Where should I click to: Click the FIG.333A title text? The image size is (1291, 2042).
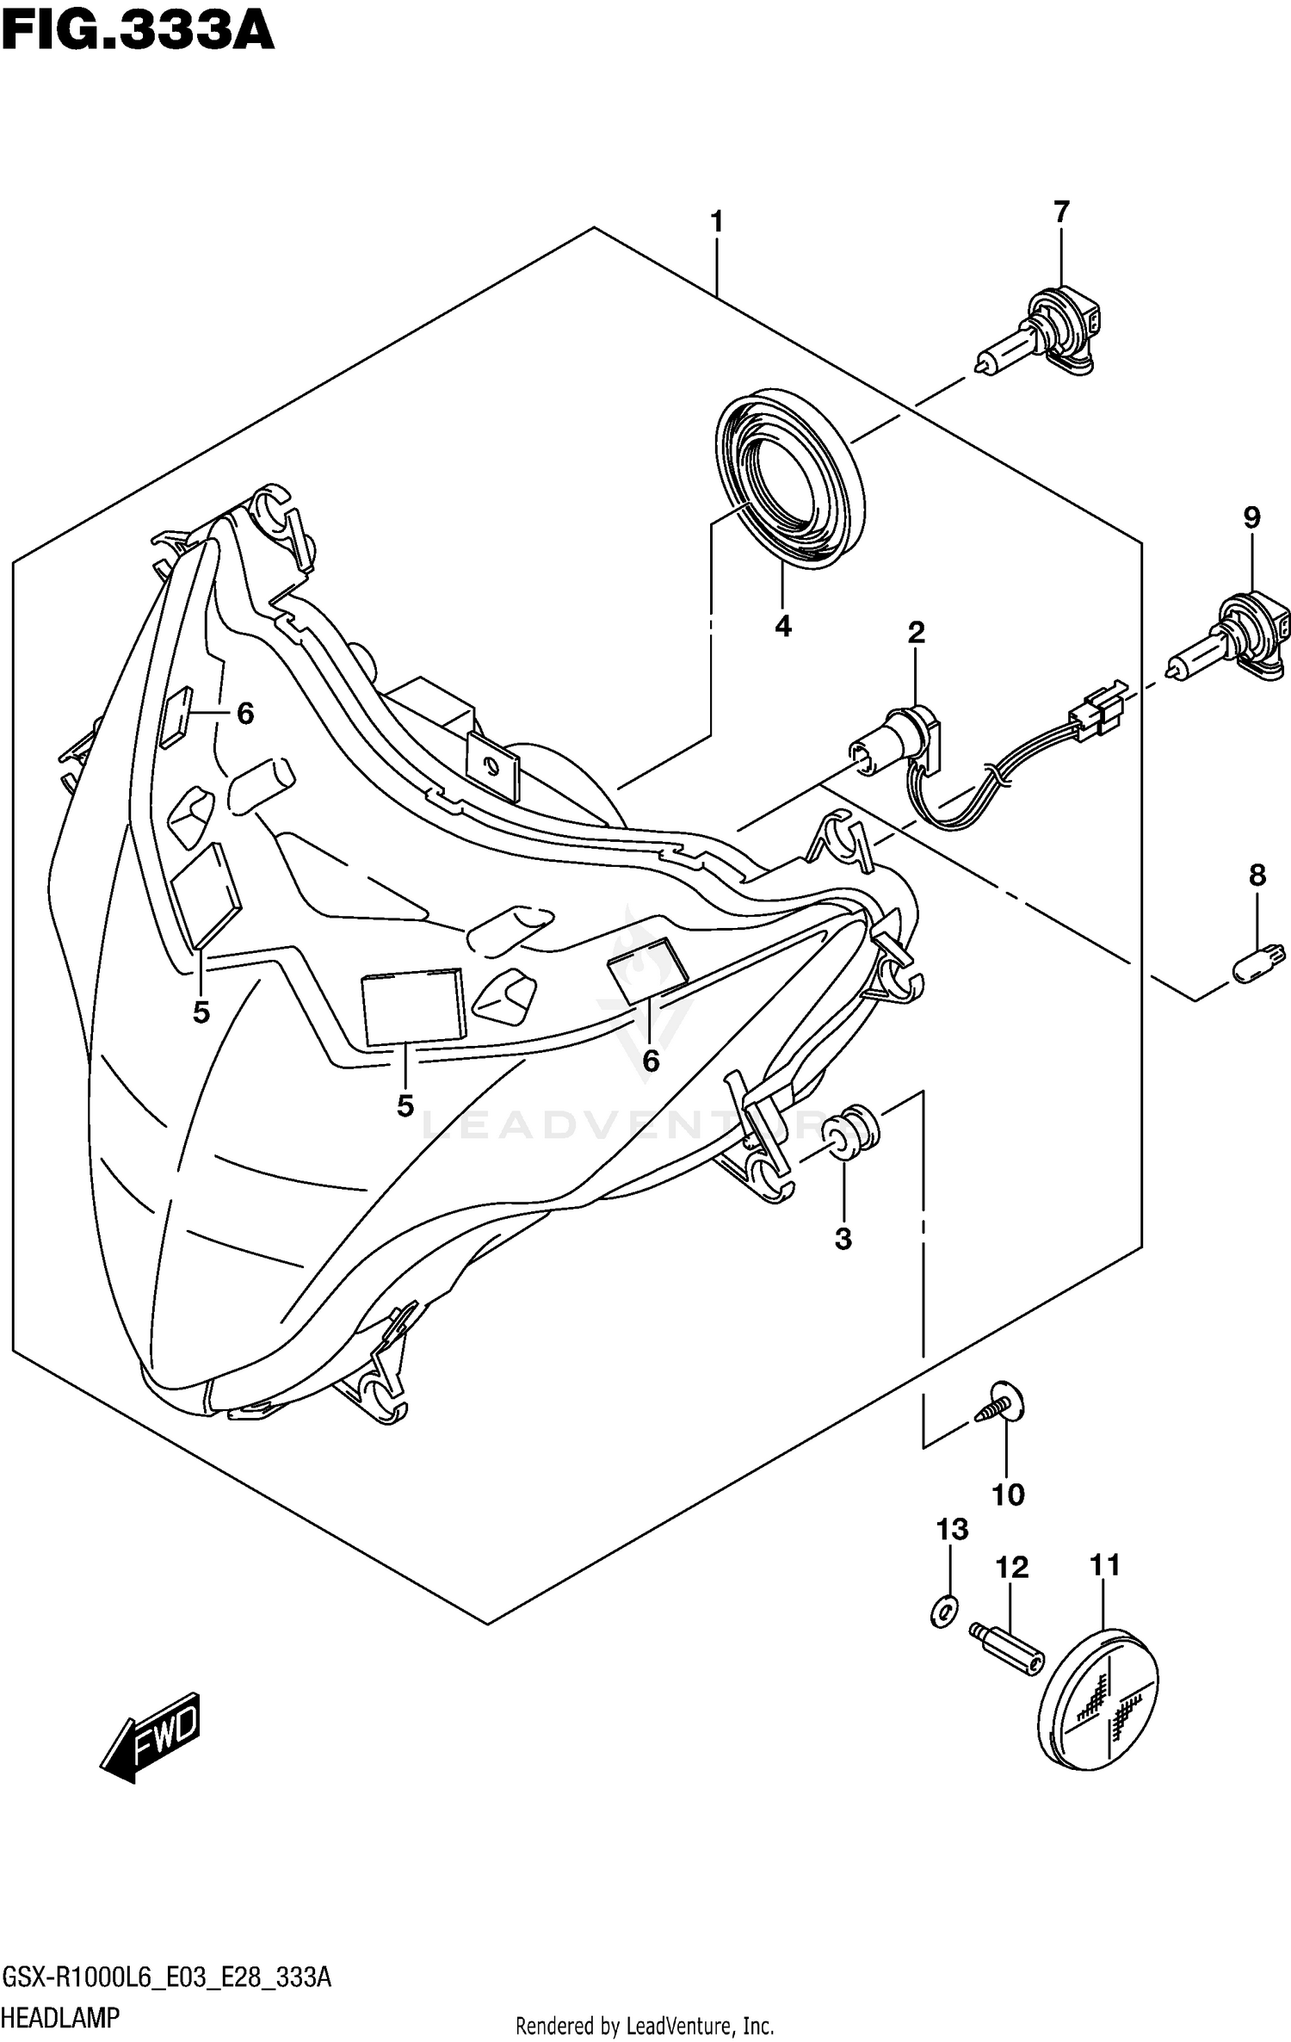pyautogui.click(x=138, y=34)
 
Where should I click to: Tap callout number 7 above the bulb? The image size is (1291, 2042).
pyautogui.click(x=1061, y=212)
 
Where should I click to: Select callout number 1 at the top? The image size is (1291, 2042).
pyautogui.click(x=716, y=222)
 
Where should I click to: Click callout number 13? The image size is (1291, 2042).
pyautogui.click(x=953, y=1530)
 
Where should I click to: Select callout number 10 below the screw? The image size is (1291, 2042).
pyautogui.click(x=1008, y=1495)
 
